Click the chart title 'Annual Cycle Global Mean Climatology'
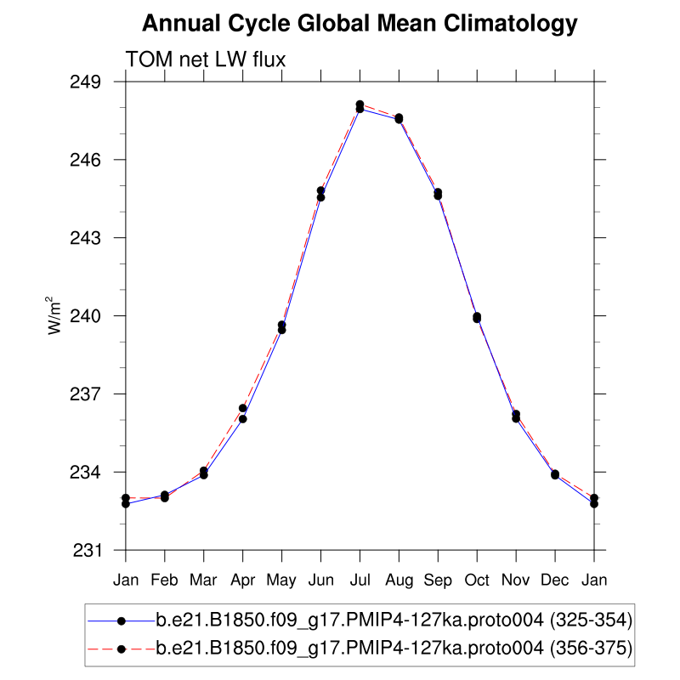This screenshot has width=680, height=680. pos(360,25)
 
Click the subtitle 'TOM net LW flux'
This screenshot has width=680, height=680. pos(205,59)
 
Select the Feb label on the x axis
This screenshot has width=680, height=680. pos(165,580)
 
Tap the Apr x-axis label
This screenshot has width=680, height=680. pos(243,581)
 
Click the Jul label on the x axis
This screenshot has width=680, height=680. pos(360,580)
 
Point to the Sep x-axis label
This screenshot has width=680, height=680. pos(438,581)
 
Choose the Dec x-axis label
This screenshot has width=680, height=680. pos(555,580)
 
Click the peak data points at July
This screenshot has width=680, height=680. pos(360,106)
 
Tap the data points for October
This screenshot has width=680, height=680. pos(477,317)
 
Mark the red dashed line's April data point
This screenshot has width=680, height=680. pos(243,408)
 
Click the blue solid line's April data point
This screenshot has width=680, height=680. pos(243,419)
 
